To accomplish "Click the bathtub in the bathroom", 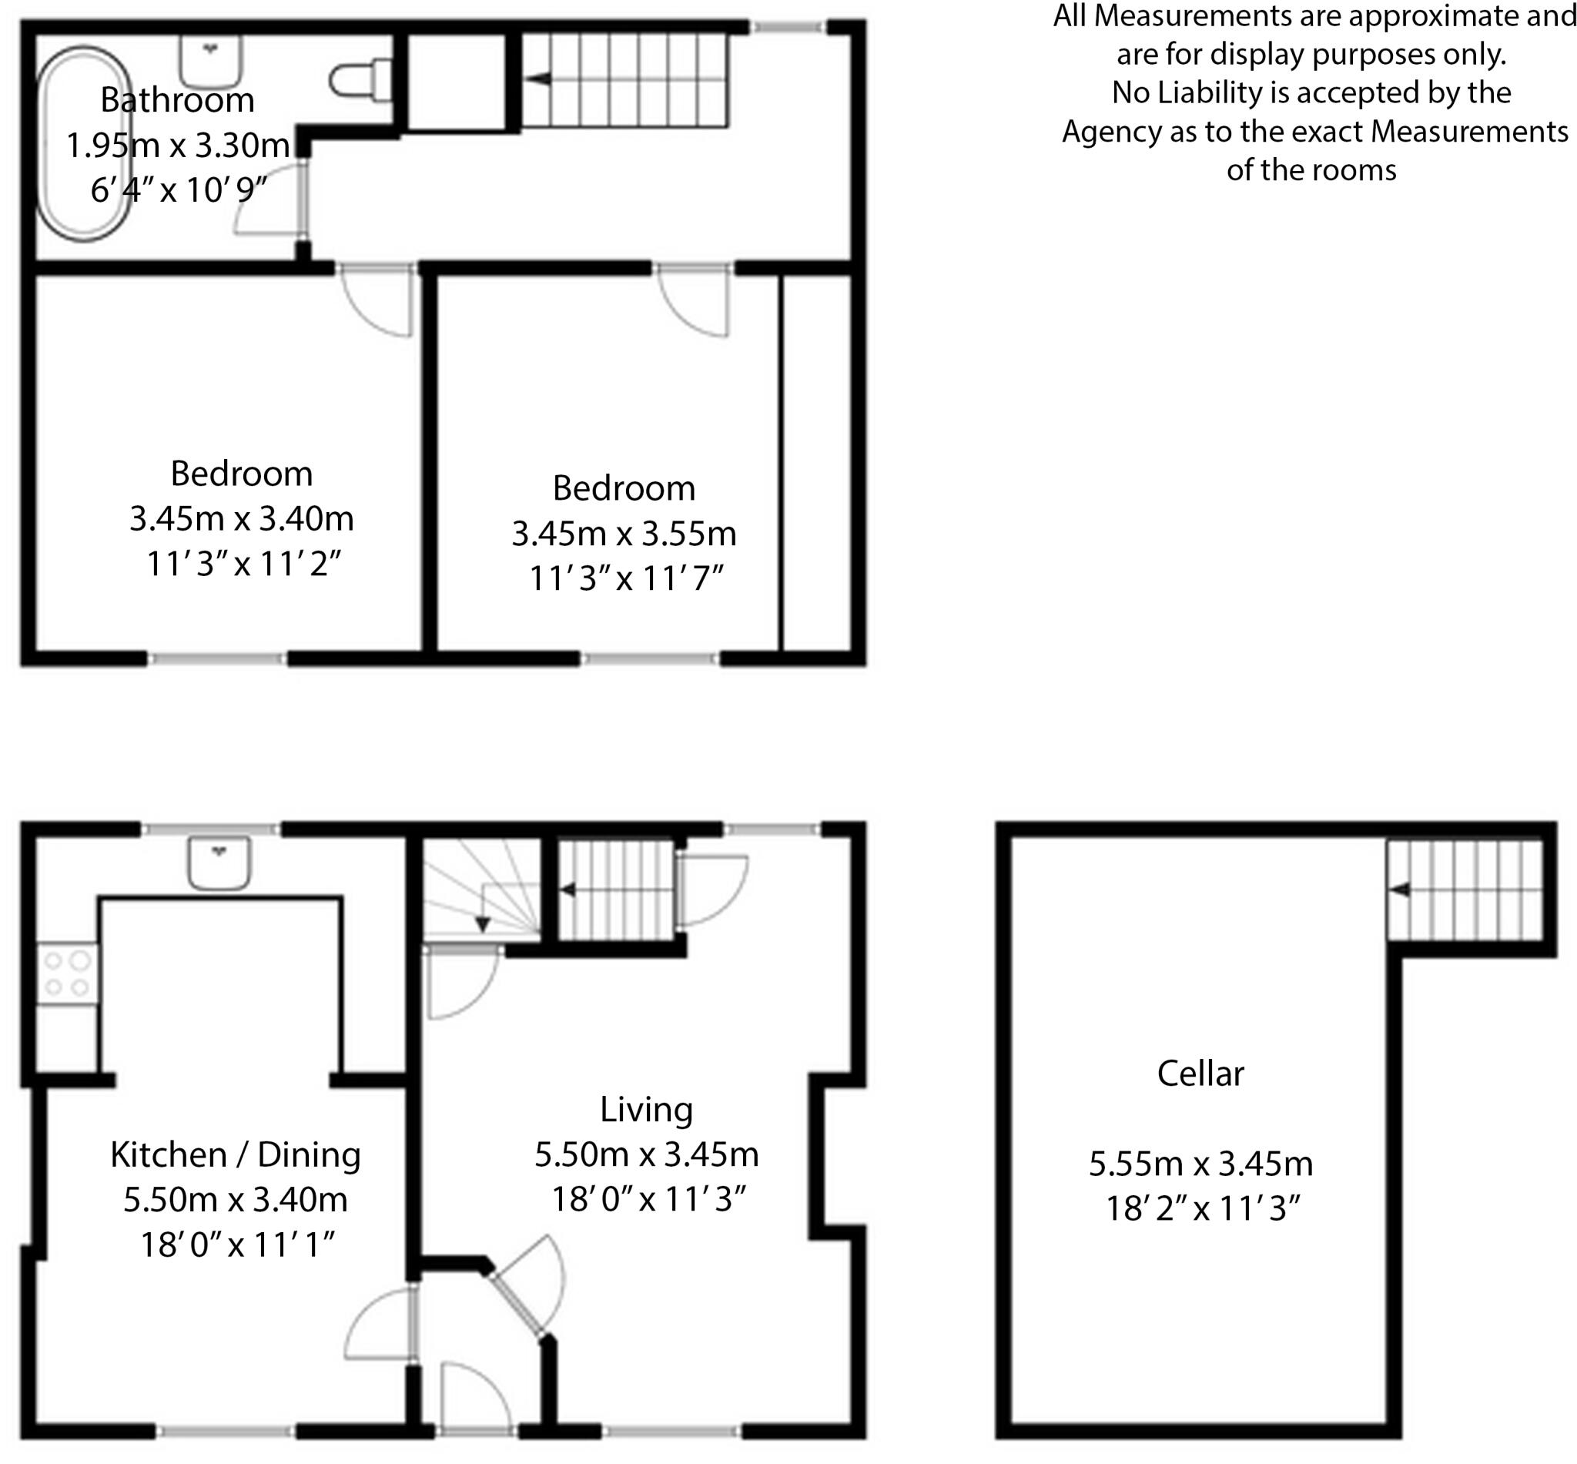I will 84,143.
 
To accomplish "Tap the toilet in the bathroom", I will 360,80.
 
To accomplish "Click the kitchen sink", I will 219,863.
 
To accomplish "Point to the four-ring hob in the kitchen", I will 67,973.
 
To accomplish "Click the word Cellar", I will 1200,1074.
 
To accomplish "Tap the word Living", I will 645,1109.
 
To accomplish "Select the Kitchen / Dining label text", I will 236,1154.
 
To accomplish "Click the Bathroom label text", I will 177,101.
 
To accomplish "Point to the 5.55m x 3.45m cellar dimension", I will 1200,1164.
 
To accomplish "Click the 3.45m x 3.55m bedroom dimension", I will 624,534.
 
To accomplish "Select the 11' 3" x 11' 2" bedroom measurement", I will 243,564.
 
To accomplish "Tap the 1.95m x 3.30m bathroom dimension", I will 177,146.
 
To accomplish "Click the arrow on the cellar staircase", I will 1401,889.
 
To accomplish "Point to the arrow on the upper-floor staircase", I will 538,79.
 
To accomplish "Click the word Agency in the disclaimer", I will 1113,132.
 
